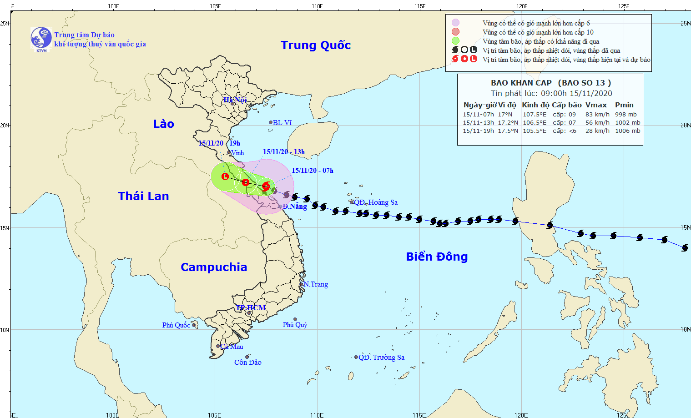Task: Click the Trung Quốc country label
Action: coord(316,45)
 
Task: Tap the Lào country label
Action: coord(163,124)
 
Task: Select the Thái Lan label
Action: coord(143,196)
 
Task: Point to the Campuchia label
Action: coord(214,267)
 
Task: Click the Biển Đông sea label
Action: coord(437,257)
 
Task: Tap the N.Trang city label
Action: coord(316,284)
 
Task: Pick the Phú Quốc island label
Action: coord(176,325)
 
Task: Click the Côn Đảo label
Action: coord(248,363)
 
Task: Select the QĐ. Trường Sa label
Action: coord(381,358)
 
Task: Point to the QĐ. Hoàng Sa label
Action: coord(376,202)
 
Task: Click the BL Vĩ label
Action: coord(282,123)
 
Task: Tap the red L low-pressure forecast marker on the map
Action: coord(225,176)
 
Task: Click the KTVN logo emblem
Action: coord(41,38)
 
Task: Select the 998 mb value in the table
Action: coord(626,115)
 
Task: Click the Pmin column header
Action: coord(624,105)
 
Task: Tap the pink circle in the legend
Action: coord(455,23)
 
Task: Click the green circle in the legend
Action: coord(455,41)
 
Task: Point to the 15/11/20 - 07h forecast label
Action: coord(313,171)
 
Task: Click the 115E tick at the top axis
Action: coord(420,6)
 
